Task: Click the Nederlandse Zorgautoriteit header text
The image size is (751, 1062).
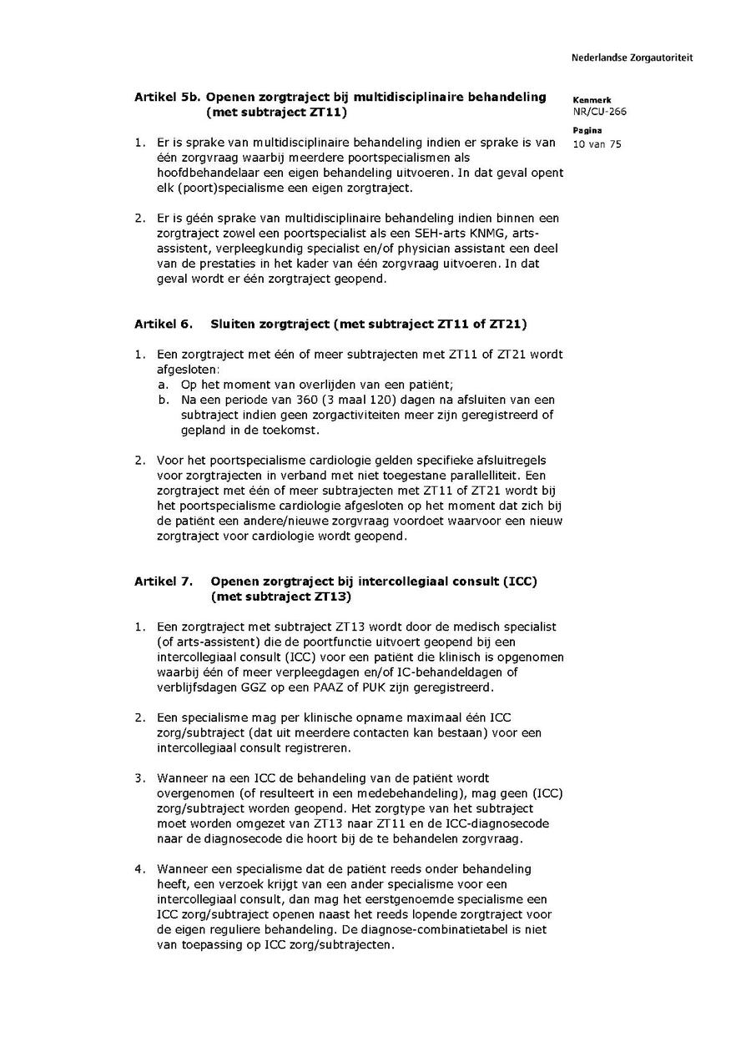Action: pos(632,58)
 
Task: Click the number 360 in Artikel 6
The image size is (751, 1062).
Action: pos(308,400)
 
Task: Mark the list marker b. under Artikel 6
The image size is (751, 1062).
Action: pos(164,400)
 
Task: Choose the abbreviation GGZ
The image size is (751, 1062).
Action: pos(255,687)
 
